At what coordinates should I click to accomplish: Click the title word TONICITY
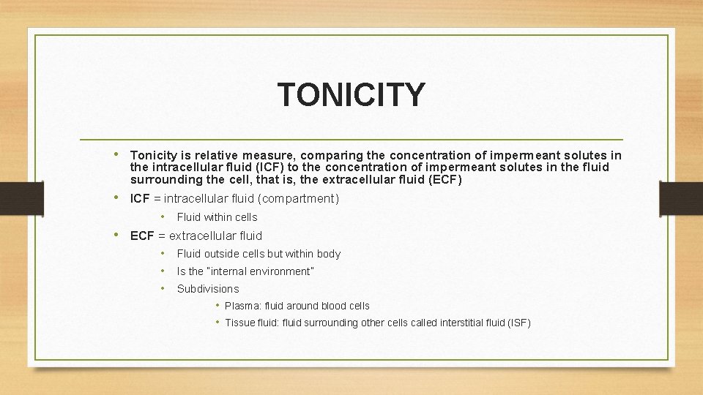point(351,95)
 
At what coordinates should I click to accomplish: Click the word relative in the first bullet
point(223,155)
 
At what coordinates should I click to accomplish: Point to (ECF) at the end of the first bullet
point(445,179)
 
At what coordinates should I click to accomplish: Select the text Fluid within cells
point(217,217)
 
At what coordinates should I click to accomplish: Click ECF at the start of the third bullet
point(142,236)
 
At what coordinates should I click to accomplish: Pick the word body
point(329,254)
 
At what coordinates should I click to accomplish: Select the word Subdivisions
point(208,289)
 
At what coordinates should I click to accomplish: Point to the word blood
point(326,306)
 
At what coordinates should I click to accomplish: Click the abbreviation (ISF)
point(519,323)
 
